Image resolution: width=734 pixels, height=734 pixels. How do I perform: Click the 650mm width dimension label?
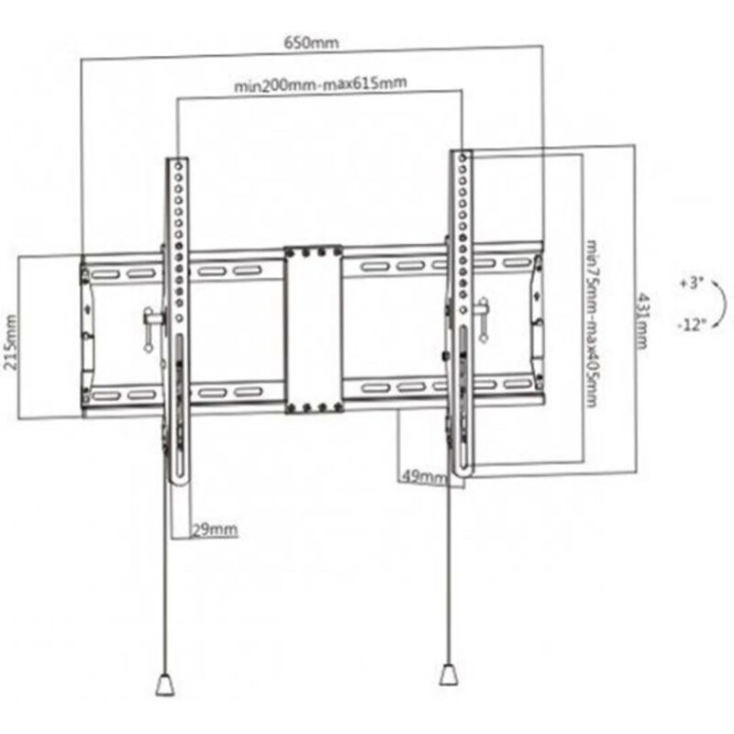[x=311, y=43]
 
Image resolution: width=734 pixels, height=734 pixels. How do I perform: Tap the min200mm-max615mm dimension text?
[x=320, y=84]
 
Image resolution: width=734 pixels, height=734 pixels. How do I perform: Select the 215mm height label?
[x=11, y=341]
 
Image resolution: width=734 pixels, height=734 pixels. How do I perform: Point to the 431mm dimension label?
[x=642, y=321]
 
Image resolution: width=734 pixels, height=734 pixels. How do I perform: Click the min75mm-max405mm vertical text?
[x=591, y=324]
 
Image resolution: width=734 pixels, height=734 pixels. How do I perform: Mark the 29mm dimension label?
[x=215, y=530]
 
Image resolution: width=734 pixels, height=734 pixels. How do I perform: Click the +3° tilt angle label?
[x=692, y=284]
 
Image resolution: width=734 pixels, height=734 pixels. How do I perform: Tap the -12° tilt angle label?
[x=692, y=325]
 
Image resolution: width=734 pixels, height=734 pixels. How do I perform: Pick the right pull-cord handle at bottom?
[x=450, y=674]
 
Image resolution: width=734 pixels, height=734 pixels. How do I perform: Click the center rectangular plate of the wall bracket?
[x=314, y=330]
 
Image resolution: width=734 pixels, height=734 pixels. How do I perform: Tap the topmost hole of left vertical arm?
[x=178, y=166]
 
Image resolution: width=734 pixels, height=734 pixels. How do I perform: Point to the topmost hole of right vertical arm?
[x=462, y=158]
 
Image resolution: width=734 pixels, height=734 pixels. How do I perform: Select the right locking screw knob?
[x=483, y=320]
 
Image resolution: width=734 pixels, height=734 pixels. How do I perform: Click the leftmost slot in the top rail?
[x=104, y=274]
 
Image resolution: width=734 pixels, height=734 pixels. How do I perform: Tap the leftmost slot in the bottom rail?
[x=104, y=396]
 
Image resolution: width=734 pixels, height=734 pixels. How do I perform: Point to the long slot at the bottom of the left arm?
[x=180, y=406]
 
